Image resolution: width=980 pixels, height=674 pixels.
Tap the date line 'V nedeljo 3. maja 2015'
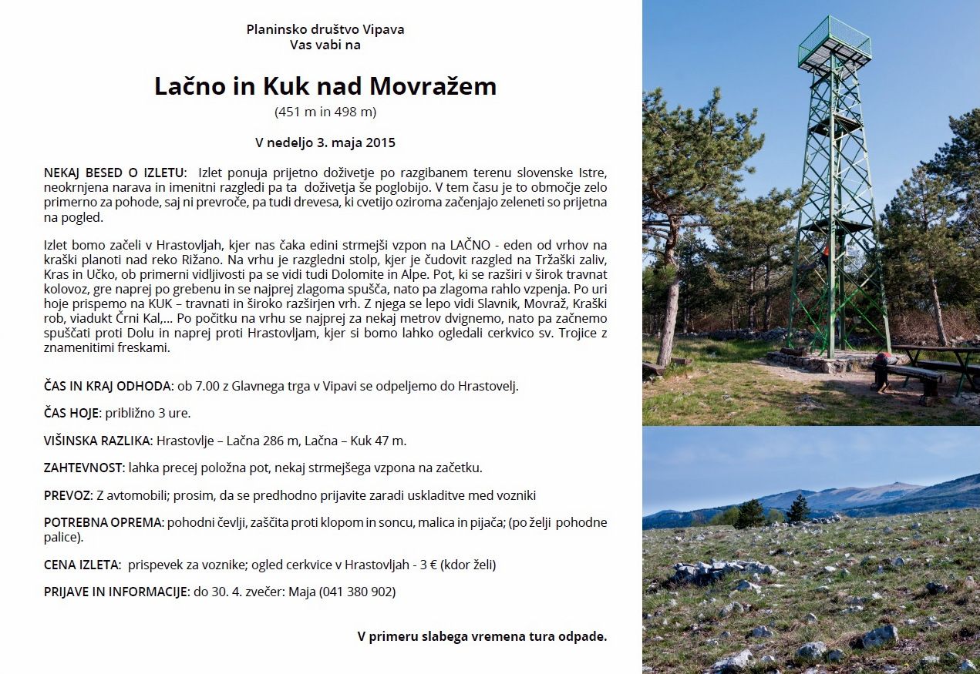325,143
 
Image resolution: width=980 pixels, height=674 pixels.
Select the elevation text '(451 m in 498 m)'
325,112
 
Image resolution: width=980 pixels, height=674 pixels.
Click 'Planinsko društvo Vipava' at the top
325,29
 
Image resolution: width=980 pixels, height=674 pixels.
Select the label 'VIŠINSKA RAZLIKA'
98,441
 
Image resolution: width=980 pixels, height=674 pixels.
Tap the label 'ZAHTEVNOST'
83,468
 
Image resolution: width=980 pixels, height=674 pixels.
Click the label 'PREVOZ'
67,495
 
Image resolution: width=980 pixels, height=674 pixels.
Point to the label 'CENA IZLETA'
82,565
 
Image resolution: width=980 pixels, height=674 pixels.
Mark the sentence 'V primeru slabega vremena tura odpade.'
482,636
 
